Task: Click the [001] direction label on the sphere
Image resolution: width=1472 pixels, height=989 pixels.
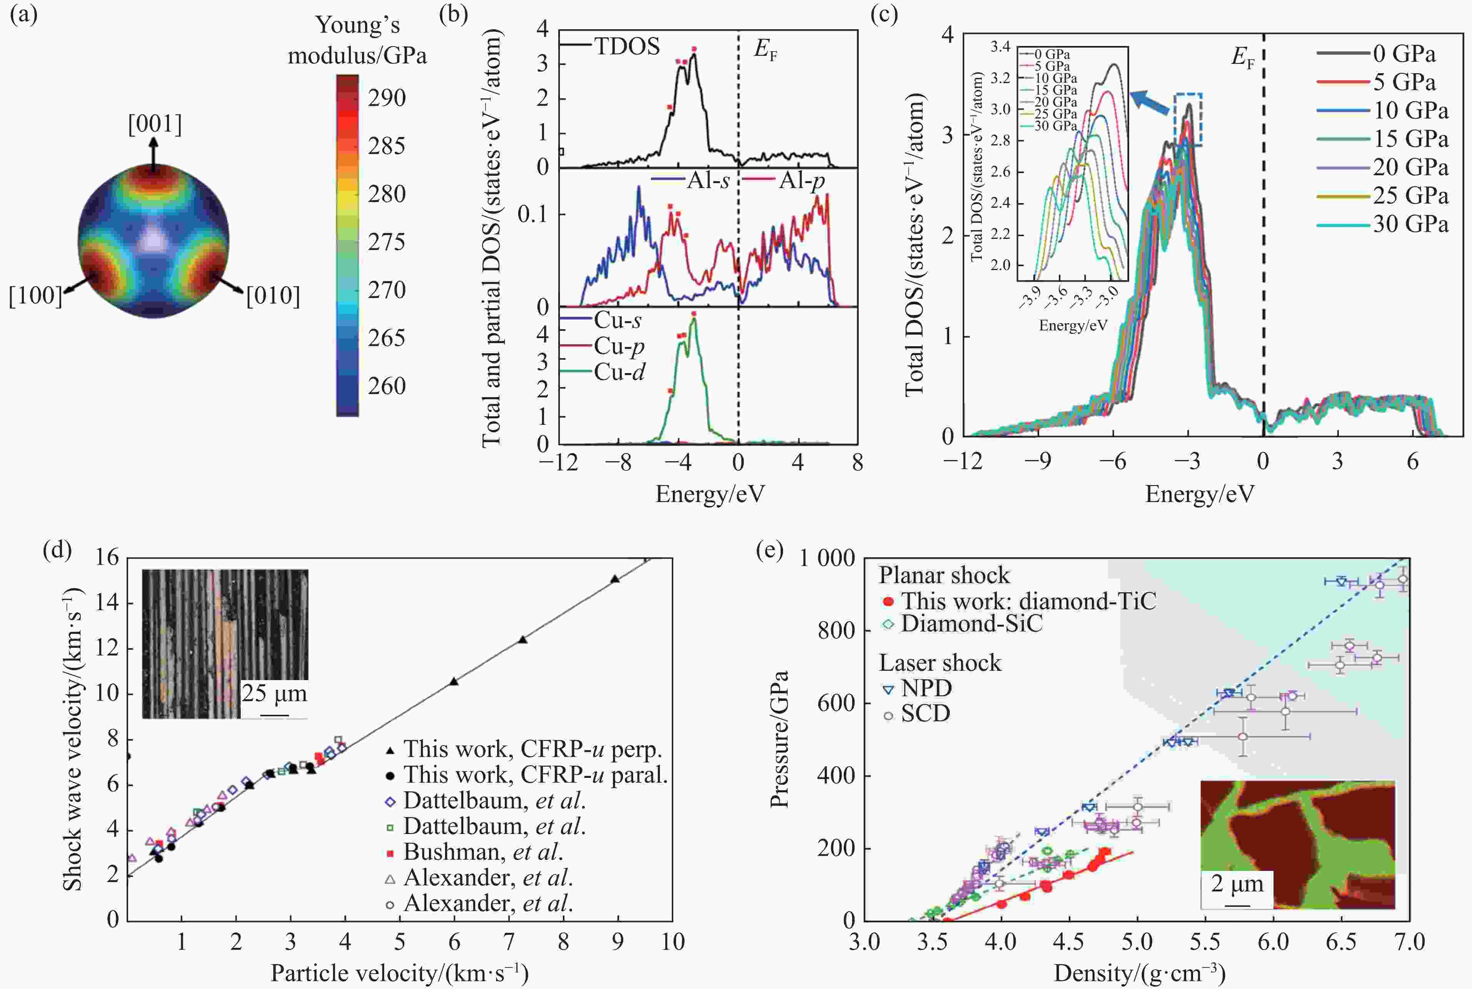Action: click(x=155, y=124)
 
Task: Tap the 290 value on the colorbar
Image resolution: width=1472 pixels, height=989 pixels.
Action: click(x=387, y=98)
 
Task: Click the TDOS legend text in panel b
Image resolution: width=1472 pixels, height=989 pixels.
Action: click(x=627, y=46)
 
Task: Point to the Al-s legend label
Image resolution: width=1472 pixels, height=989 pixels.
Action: click(x=708, y=181)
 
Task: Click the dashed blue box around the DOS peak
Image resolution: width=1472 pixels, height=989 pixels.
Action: click(x=1188, y=120)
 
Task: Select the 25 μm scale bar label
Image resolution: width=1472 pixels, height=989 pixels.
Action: click(x=274, y=694)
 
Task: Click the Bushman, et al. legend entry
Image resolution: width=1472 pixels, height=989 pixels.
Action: click(x=482, y=852)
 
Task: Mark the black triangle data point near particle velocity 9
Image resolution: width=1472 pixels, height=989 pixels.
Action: click(x=615, y=579)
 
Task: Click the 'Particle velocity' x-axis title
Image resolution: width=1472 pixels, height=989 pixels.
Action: click(x=399, y=972)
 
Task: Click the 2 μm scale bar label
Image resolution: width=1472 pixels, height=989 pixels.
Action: click(x=1237, y=884)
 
